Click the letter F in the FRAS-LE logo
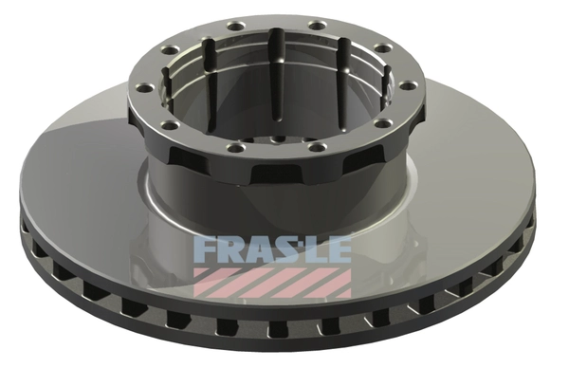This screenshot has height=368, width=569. point(203,249)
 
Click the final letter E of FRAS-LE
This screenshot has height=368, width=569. point(338,249)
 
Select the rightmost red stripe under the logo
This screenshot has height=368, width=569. point(332,282)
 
